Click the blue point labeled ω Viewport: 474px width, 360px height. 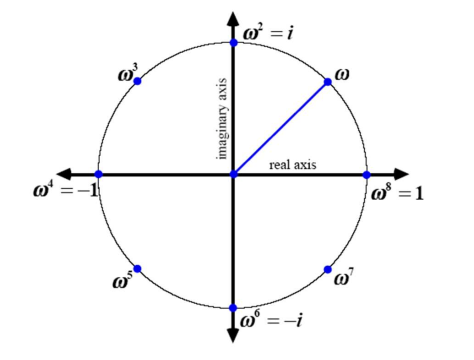point(327,82)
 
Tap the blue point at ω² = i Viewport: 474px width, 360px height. point(233,42)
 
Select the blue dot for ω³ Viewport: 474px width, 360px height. point(138,81)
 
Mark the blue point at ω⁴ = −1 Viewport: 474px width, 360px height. point(98,174)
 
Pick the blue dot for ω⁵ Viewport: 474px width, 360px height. point(138,268)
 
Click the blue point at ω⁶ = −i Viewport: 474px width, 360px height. point(233,307)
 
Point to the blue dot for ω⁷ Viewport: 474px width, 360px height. point(328,269)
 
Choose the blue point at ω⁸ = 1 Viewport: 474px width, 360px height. point(366,174)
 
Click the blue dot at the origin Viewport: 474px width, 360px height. point(233,174)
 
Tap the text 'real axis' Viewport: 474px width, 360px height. point(292,164)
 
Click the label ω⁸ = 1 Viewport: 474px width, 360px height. point(398,193)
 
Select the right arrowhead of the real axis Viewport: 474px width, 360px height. point(401,174)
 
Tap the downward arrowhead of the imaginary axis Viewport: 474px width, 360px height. point(233,334)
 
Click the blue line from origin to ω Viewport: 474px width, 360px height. point(280,128)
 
